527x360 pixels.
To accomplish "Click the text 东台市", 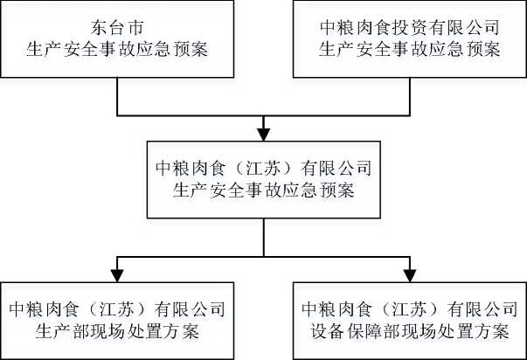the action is point(117,28).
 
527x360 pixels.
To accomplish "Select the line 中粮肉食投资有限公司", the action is point(410,28).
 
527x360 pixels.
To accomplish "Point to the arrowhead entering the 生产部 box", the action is point(117,275).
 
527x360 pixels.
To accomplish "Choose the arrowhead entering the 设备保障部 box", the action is point(410,275).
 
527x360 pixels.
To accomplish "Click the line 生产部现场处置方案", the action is point(117,332).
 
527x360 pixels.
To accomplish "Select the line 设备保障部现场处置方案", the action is point(410,332).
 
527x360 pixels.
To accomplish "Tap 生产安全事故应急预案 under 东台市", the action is point(117,50).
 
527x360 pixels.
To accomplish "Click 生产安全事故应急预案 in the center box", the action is point(264,190).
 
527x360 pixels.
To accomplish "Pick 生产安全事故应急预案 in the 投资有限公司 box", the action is point(410,50).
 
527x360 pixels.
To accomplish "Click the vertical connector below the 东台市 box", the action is point(117,97).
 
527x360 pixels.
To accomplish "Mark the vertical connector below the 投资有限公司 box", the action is point(410,97).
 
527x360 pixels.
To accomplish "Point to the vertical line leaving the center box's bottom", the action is point(264,238).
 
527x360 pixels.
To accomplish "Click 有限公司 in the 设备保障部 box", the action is point(482,309).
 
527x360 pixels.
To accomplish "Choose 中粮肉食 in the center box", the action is point(191,169).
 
